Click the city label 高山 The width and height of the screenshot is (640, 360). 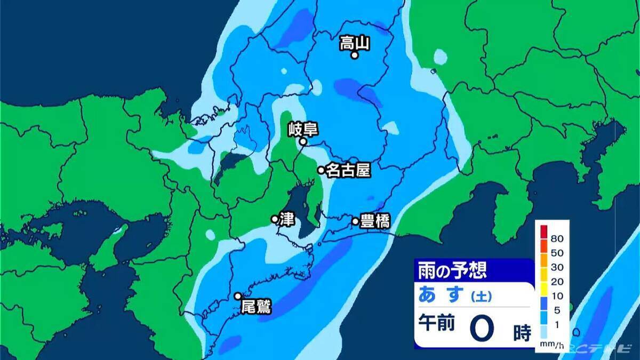click(355, 43)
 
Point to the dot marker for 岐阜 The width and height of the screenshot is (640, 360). click(302, 142)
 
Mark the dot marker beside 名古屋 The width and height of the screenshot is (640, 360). click(321, 170)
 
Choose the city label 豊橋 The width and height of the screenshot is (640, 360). click(374, 221)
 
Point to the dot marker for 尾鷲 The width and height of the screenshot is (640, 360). click(238, 296)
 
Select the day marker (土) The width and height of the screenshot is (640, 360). click(481, 295)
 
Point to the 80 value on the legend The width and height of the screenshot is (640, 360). click(557, 237)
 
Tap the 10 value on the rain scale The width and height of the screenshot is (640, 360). click(557, 296)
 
